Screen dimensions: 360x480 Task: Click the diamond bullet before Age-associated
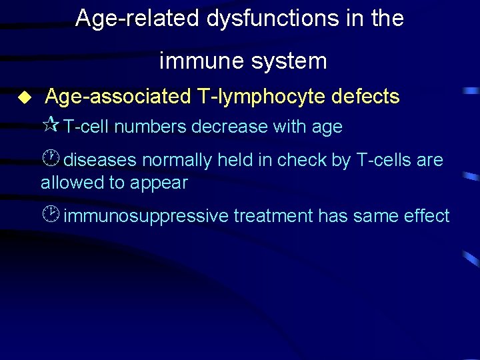[x=25, y=97]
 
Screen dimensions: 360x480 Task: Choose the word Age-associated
[x=117, y=97]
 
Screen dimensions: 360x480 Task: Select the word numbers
[x=151, y=127]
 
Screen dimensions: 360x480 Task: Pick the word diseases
[x=101, y=160]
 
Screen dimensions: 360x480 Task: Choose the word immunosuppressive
[x=145, y=216]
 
